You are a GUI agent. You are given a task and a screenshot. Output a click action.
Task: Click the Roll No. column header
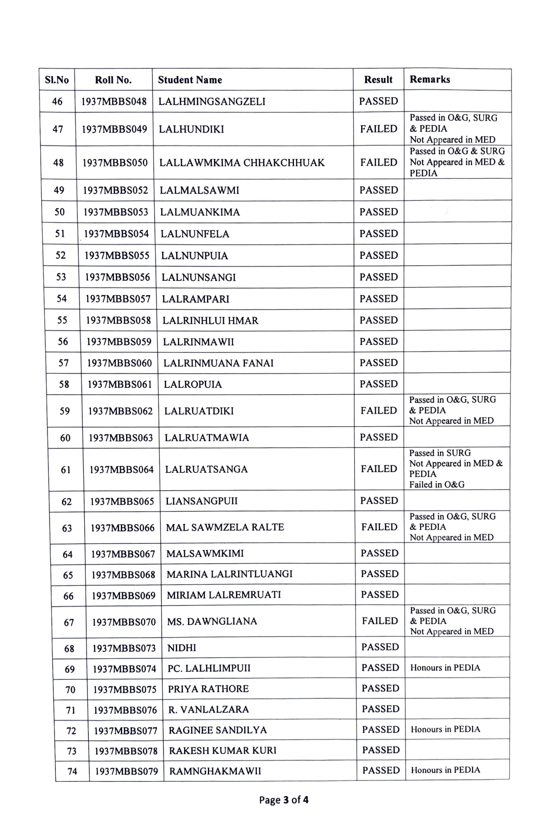tap(113, 80)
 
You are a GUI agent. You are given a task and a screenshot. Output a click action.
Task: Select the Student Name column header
tap(190, 80)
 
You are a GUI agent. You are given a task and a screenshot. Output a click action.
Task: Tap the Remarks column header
tap(430, 80)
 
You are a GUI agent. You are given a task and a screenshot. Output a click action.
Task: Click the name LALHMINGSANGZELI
tap(212, 102)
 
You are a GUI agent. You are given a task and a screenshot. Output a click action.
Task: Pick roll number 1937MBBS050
tap(115, 163)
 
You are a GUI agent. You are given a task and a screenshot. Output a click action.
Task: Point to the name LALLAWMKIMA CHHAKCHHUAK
tap(242, 163)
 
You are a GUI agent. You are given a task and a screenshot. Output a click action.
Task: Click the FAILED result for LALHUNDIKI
tap(379, 129)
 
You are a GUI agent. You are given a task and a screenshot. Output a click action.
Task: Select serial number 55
tap(62, 320)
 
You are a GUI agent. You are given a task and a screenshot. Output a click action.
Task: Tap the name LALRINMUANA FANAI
tap(218, 363)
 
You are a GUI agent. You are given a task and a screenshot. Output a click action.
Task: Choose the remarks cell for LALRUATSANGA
tap(456, 469)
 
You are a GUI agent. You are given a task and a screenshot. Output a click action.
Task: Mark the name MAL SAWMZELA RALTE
tap(225, 527)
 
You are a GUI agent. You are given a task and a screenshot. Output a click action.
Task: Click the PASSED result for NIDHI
tap(380, 647)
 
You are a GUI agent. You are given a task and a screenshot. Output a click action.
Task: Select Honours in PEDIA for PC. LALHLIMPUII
tap(445, 668)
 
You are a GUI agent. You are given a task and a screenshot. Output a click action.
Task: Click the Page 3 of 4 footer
tap(284, 800)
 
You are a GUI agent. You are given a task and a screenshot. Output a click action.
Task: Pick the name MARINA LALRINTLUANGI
tap(230, 574)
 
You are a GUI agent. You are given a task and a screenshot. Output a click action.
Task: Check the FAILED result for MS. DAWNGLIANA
tap(380, 621)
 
